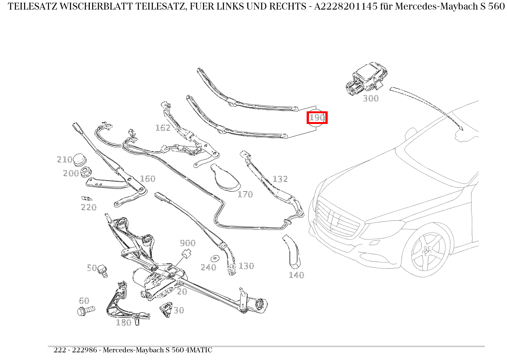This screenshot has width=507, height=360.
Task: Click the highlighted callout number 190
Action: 317,117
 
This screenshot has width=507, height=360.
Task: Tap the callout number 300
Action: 370,99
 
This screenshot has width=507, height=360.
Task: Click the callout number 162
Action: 162,128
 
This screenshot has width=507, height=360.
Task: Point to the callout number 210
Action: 64,160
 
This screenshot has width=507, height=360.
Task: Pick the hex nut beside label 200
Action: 86,173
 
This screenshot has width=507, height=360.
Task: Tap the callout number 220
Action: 88,207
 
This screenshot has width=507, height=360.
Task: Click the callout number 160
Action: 148,179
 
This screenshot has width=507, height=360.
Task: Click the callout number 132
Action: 280,179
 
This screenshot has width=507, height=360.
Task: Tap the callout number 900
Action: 187,243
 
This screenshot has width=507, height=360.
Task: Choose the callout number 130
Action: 246,266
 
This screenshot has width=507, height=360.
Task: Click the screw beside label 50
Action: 102,270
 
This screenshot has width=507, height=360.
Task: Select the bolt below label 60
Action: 86,311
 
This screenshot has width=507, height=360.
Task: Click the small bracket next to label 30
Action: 166,309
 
